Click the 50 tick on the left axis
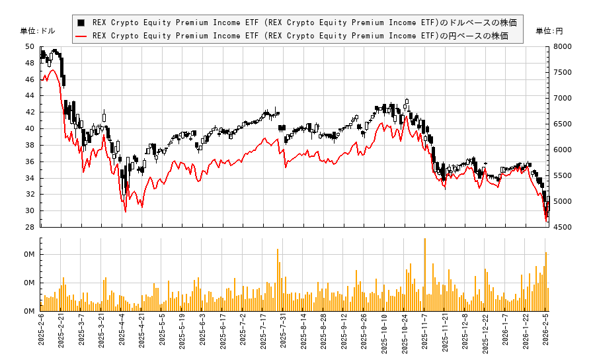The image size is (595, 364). pos(29,46)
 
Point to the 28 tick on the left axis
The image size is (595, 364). pos(29,227)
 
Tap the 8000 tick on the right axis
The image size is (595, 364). pos(563,46)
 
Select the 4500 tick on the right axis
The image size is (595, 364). pos(563,227)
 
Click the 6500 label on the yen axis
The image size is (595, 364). pos(563,124)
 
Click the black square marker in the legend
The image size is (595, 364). pos(81,23)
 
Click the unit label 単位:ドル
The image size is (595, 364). pos(38,31)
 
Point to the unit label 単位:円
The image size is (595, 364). pos(549,31)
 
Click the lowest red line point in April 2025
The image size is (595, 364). pos(126,211)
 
